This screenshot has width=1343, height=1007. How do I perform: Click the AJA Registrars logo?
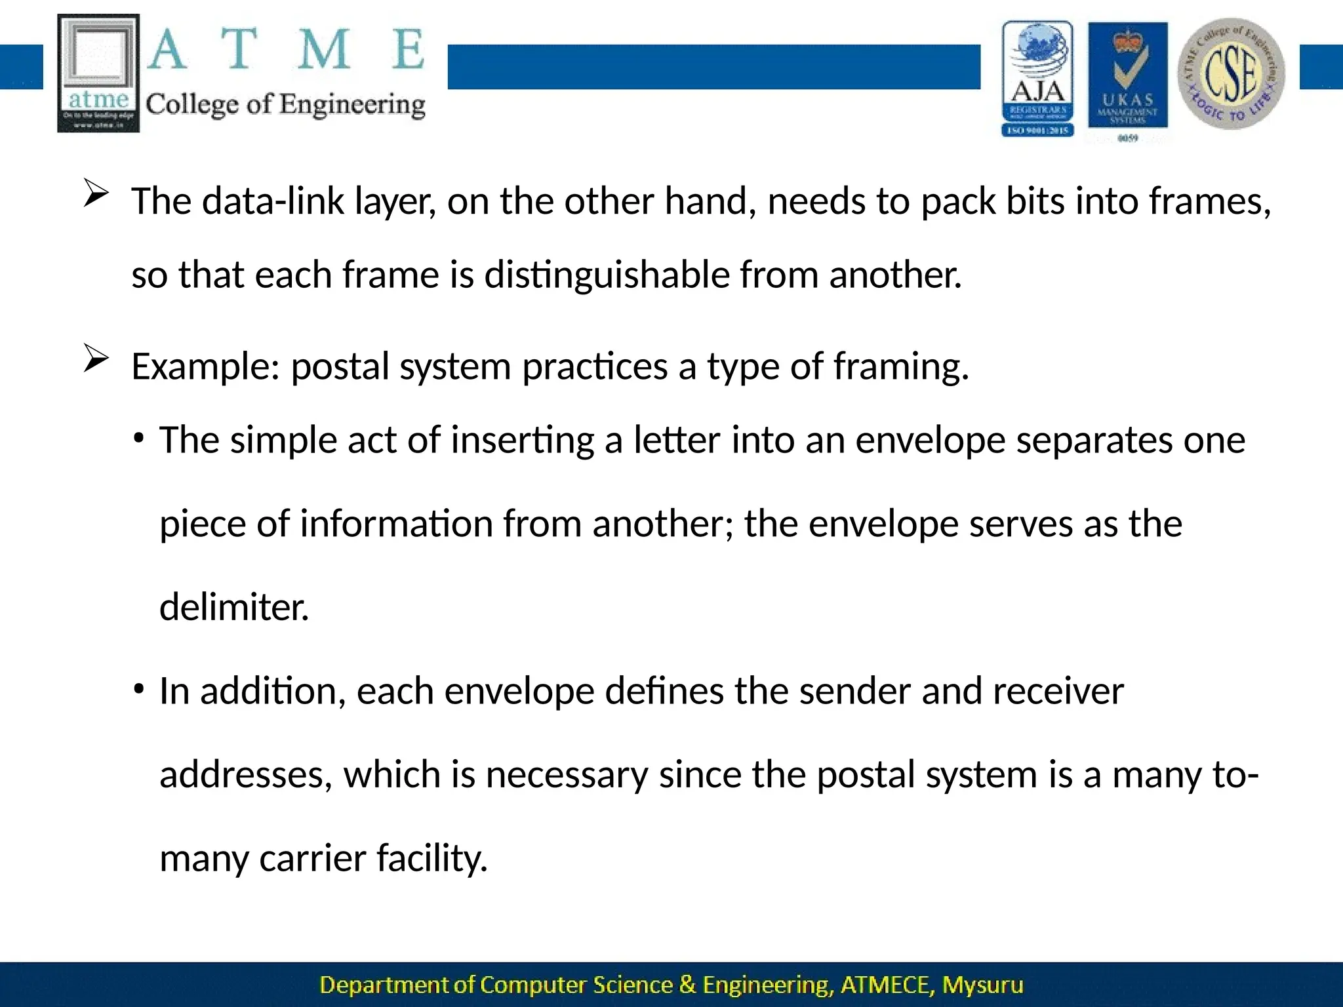[1037, 78]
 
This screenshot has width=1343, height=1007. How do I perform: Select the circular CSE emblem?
[1231, 73]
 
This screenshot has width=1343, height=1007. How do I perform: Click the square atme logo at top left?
[98, 73]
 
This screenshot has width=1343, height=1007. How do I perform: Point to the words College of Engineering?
[285, 105]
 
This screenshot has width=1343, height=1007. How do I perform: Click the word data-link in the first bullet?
[273, 201]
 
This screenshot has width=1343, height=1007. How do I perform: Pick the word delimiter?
[234, 606]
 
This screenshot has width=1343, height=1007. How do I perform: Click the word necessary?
[567, 774]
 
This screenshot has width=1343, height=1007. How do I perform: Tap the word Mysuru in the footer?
[982, 985]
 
